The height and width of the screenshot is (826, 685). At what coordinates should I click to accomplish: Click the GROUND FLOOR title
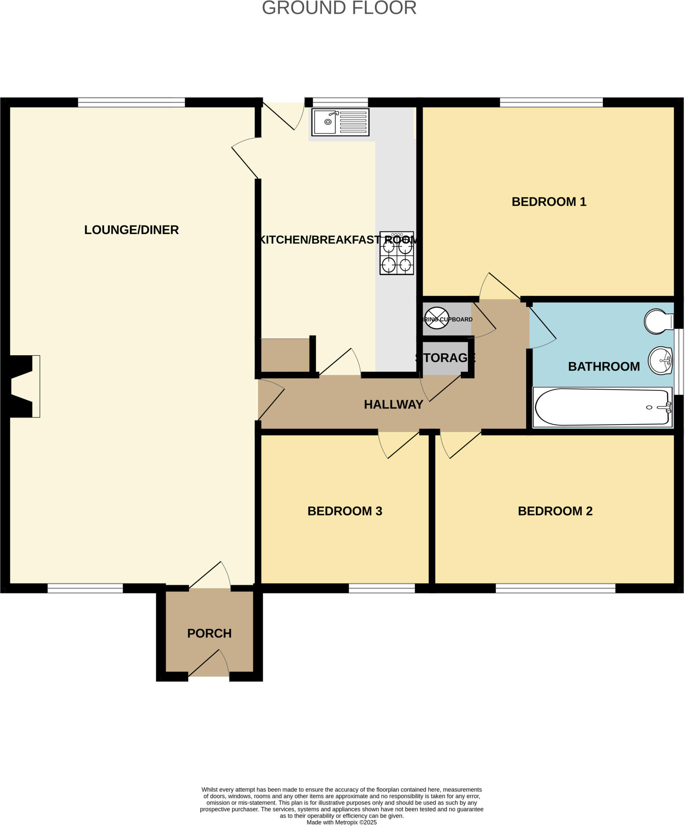click(339, 8)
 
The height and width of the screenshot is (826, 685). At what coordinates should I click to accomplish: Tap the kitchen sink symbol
click(340, 122)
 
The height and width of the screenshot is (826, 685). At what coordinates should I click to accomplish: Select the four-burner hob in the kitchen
click(397, 253)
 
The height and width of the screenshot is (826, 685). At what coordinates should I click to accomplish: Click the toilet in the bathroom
click(658, 321)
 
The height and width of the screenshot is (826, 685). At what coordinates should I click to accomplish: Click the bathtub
click(602, 407)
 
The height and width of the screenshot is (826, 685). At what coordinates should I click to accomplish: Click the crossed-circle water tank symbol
click(437, 318)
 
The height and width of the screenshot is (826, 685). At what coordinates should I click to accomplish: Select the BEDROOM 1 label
click(549, 202)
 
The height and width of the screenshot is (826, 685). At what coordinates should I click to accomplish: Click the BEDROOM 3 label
click(345, 511)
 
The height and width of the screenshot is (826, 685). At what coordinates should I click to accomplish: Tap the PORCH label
click(209, 633)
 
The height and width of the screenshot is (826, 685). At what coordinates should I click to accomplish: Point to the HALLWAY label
click(394, 405)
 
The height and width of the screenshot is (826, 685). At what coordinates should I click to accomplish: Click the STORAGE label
click(446, 357)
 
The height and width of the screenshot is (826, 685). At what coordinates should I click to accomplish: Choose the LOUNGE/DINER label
click(131, 230)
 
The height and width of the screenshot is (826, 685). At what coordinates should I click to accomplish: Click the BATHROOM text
click(604, 366)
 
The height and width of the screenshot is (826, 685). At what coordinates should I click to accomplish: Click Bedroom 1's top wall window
click(551, 102)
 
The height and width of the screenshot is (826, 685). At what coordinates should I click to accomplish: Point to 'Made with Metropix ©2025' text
click(341, 822)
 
